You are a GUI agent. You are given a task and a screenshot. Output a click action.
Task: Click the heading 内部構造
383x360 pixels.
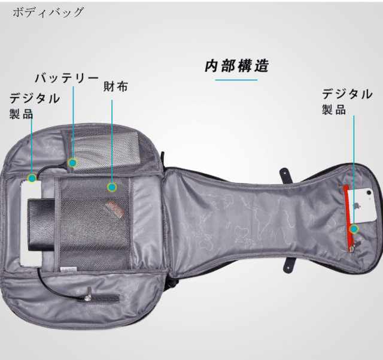236,66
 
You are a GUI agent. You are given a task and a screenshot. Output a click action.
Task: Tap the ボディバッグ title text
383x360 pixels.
48,12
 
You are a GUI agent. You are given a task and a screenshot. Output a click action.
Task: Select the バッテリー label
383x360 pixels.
66,78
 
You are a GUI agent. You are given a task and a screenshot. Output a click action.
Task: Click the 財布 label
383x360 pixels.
115,87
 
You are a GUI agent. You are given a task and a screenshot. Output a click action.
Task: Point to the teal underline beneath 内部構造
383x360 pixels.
236,80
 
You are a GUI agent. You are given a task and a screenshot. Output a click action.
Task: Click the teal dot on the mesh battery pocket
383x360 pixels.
72,162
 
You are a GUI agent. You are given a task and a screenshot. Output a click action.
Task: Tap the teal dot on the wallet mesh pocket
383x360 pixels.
112,187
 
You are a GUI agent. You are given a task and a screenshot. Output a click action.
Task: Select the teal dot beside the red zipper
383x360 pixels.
354,229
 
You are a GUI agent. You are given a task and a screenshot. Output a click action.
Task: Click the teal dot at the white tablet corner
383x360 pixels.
32,179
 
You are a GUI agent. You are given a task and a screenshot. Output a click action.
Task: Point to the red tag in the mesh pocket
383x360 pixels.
115,207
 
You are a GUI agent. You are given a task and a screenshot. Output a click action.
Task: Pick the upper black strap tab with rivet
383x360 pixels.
286,174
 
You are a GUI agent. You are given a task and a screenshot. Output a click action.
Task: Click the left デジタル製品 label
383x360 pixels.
34,105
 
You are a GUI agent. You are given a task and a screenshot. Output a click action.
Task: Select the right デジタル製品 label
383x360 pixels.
347,101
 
